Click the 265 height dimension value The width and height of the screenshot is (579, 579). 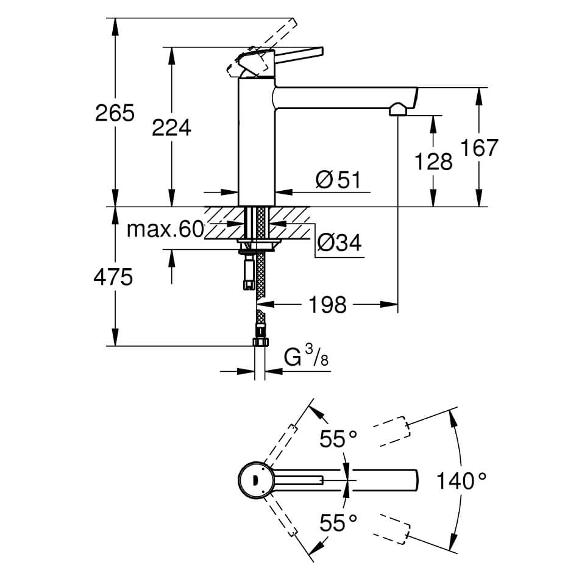coord(115,113)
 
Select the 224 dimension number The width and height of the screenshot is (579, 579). coord(171,128)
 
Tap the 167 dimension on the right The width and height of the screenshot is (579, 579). coord(480,147)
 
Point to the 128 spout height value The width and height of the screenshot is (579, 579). coord(433,162)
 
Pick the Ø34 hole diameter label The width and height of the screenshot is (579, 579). coord(339,243)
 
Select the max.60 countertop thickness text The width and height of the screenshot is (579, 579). coord(165,230)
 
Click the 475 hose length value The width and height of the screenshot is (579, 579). coord(113,278)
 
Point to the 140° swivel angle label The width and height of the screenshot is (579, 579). coord(461,481)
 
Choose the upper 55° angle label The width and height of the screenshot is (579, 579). coord(339,439)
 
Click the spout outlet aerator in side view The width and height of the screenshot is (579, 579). coord(397,110)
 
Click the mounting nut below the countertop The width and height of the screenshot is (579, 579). coord(257,246)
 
